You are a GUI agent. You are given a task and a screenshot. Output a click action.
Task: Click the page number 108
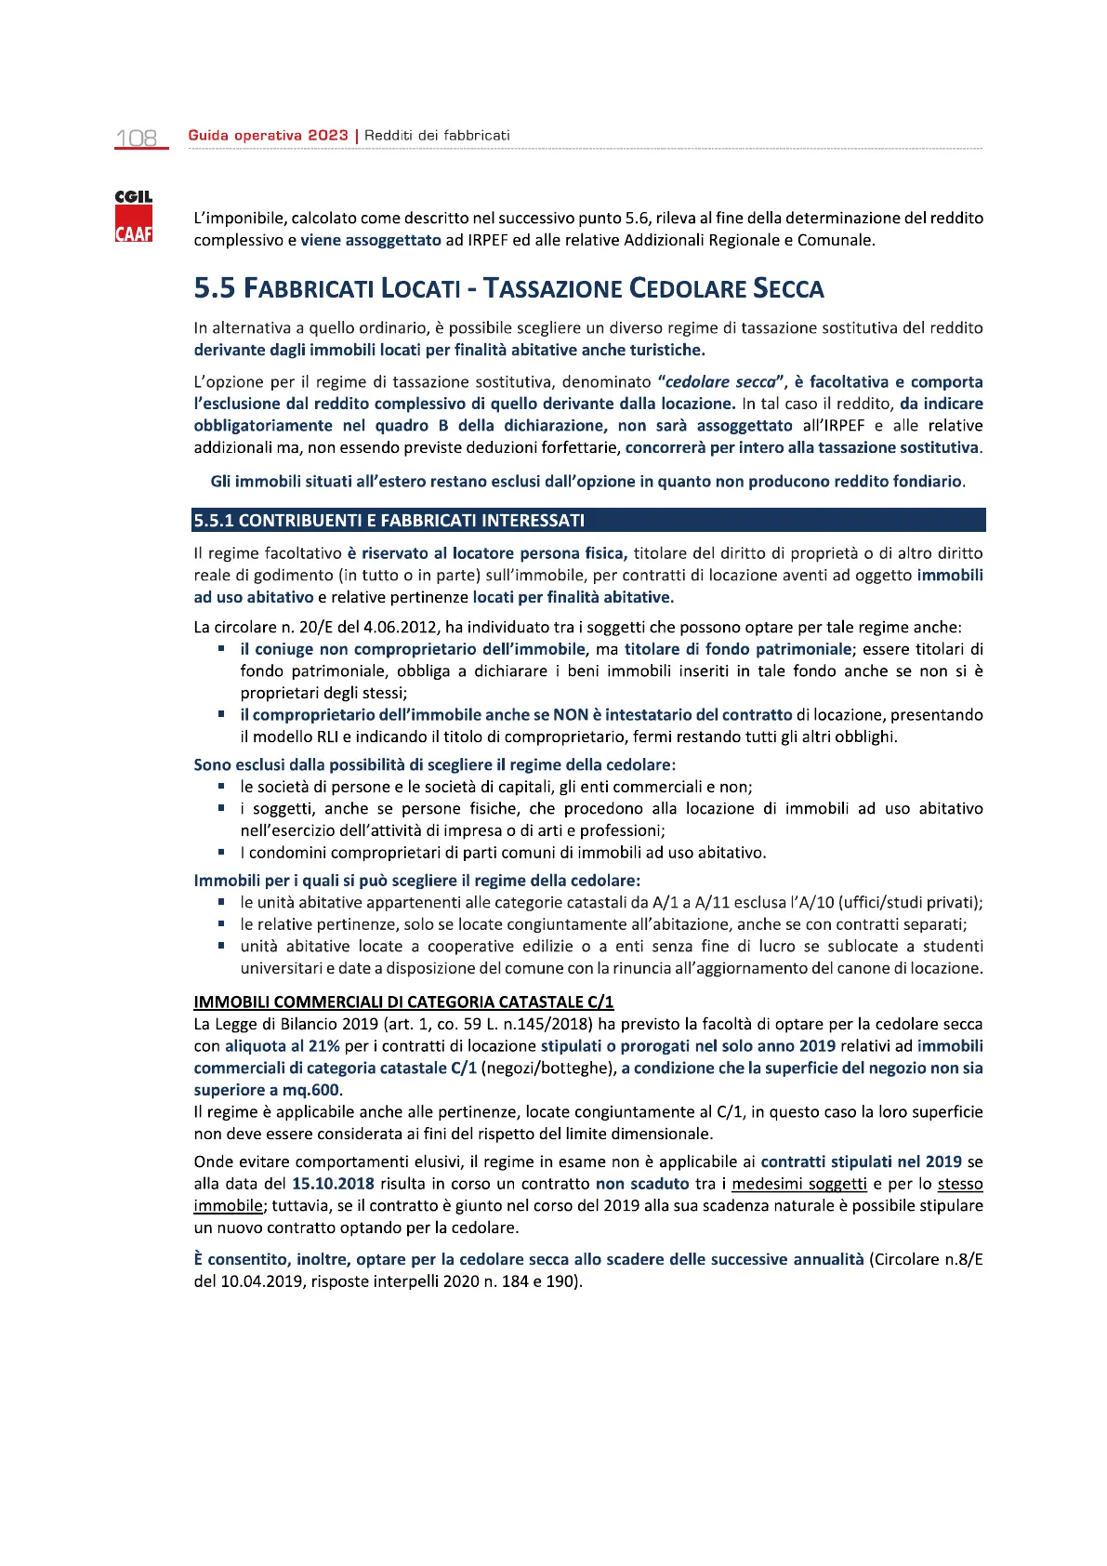coord(137,139)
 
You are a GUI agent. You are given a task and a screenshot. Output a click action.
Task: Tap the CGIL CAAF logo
coord(134,217)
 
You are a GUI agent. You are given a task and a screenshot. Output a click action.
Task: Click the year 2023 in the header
coord(328,136)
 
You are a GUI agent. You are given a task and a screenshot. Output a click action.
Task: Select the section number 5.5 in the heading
coord(215,289)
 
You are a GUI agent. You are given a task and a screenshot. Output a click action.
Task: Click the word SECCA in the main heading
coord(788,289)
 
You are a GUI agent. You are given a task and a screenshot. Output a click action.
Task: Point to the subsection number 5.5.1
coord(213,521)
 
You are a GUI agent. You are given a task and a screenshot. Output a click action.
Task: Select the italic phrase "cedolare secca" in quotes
coord(722,382)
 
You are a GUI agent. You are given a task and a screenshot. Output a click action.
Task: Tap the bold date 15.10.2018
coord(333,1185)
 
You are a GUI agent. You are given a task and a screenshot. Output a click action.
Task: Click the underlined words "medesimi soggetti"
coord(798,1185)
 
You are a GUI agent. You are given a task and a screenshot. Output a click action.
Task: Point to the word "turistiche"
coord(666,351)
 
